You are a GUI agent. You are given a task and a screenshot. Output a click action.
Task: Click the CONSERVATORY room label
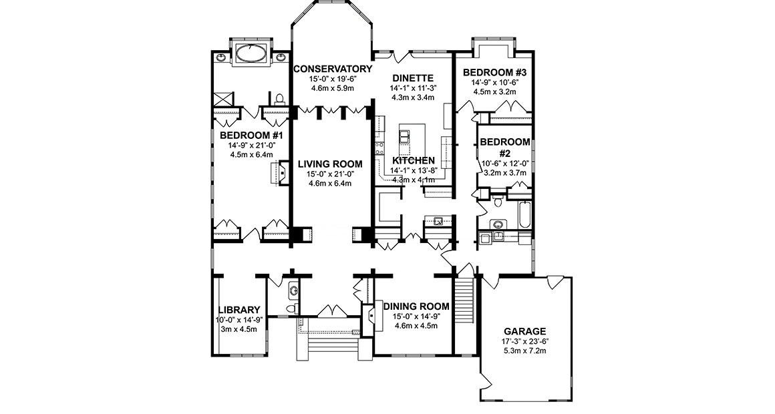[332, 69]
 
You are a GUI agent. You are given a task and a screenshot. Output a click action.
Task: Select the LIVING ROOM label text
[330, 164]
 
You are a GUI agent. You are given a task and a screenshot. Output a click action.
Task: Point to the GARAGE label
[525, 331]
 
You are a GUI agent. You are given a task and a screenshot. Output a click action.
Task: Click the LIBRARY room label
[239, 310]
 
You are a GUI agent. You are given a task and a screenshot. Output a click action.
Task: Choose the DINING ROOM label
[416, 306]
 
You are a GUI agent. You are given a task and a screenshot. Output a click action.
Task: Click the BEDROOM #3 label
[495, 73]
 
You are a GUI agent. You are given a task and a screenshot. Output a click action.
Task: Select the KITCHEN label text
[414, 161]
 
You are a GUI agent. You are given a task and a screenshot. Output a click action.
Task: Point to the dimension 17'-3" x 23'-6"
[525, 342]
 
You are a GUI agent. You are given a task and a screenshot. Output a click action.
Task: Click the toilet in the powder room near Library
[290, 308]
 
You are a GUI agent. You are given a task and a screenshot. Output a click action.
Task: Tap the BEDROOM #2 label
[505, 147]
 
